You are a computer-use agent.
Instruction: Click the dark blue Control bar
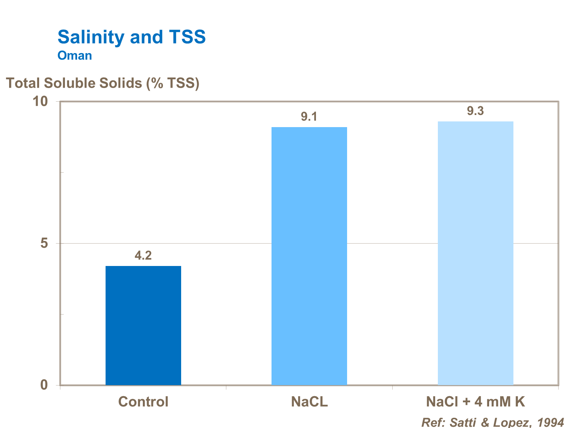coord(143,326)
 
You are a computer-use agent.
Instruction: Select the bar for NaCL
coord(309,256)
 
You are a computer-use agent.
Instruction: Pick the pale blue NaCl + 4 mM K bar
coord(475,253)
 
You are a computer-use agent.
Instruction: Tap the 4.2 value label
coord(143,255)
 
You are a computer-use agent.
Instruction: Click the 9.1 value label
coord(309,116)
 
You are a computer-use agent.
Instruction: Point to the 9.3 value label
coord(475,111)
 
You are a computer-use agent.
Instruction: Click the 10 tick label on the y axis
coord(40,101)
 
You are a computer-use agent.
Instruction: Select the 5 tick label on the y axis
coord(44,243)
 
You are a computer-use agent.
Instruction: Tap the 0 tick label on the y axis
coord(44,385)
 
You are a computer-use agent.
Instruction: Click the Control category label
coord(143,401)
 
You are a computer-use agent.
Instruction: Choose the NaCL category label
coord(309,401)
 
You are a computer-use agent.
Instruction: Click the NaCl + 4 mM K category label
coord(475,401)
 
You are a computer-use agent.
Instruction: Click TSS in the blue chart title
coord(187,37)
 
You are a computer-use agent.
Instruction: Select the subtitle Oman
coord(75,55)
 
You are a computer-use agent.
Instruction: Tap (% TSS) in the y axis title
coord(173,83)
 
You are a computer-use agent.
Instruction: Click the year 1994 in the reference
coord(550,422)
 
